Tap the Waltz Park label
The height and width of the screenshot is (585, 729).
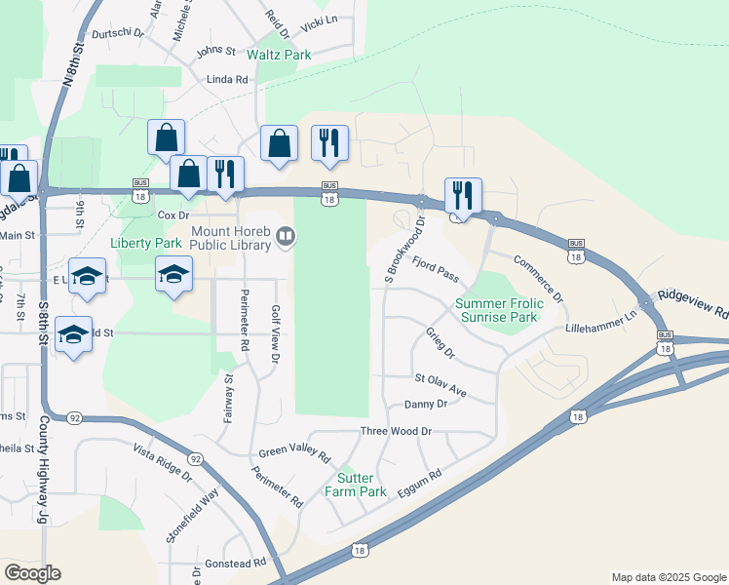[279, 56]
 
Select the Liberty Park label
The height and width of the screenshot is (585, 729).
[146, 243]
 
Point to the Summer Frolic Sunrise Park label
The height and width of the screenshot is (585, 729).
[497, 311]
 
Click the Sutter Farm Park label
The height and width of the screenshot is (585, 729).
[362, 485]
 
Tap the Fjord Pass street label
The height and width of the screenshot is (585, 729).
[435, 269]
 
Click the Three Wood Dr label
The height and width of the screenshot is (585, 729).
[396, 431]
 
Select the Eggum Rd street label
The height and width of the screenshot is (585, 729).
[420, 484]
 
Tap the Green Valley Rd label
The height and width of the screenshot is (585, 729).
[295, 455]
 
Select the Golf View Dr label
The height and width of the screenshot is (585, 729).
[276, 334]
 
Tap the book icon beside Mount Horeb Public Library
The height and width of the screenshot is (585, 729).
[286, 234]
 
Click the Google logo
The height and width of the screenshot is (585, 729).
[32, 573]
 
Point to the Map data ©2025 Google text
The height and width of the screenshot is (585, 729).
[668, 577]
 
